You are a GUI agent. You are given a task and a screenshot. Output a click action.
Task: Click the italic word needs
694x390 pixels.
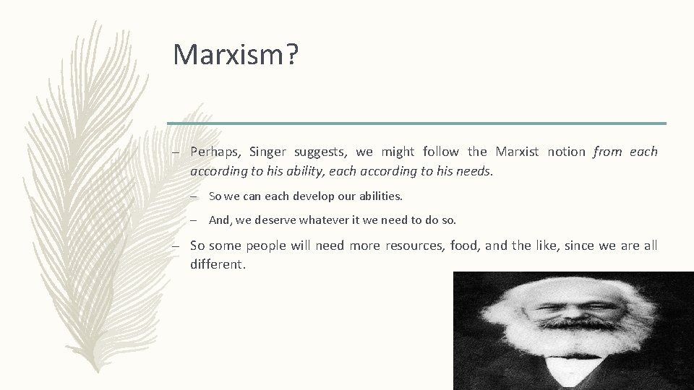click(475, 171)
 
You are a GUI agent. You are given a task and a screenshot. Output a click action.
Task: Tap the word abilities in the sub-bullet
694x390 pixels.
click(376, 196)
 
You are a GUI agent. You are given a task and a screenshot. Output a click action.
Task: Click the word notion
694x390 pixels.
click(567, 152)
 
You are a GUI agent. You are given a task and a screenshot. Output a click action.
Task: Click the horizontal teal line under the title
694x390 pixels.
click(416, 123)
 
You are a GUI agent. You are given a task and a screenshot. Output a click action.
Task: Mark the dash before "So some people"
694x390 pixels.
click(175, 246)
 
